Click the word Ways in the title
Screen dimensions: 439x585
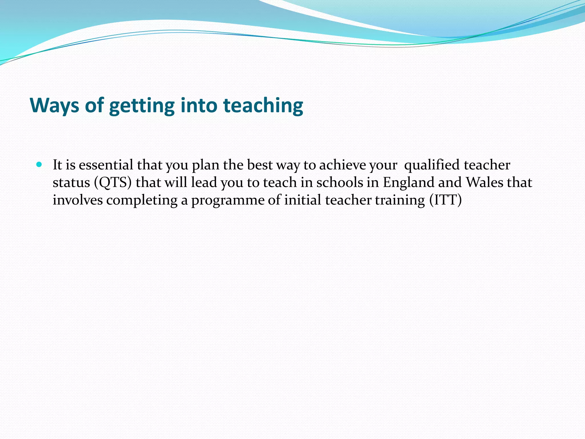pos(55,105)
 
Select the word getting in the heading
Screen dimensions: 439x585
pos(141,106)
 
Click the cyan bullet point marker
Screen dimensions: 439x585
pos(39,165)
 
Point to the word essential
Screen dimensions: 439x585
pos(106,165)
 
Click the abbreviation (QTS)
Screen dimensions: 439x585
pos(113,183)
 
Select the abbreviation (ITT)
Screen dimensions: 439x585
pos(445,200)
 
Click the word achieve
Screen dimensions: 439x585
pos(342,165)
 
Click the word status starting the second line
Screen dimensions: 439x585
pos(71,183)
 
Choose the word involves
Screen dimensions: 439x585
pos(78,200)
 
